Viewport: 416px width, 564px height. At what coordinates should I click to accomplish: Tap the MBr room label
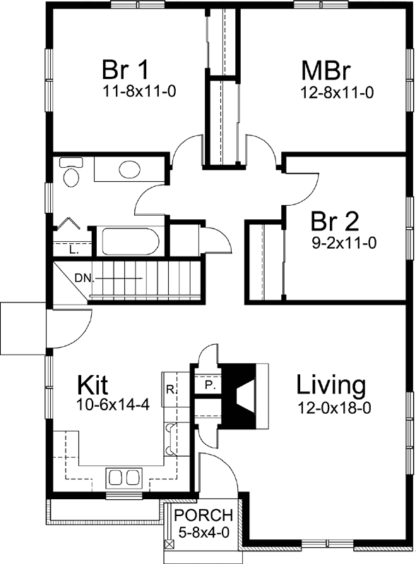(326, 71)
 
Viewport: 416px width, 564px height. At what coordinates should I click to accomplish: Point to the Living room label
(331, 386)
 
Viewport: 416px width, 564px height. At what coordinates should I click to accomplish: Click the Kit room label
(92, 386)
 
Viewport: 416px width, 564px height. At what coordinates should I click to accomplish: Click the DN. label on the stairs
(83, 278)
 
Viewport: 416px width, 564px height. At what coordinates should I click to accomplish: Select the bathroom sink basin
(129, 170)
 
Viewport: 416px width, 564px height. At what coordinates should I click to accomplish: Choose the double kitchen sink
(124, 477)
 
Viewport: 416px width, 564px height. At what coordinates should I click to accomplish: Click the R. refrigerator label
(170, 388)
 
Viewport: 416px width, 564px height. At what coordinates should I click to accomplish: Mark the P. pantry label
(209, 386)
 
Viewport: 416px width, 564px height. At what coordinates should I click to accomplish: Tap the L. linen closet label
(73, 250)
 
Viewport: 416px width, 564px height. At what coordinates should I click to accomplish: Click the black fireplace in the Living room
(242, 396)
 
